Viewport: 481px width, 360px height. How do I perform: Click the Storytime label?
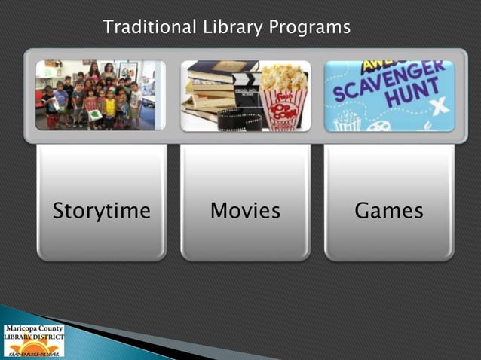pos(101,211)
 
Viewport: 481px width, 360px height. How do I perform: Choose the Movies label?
pos(245,211)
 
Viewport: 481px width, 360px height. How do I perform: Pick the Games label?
pos(389,211)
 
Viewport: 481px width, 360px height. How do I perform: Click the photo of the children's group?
pos(100,96)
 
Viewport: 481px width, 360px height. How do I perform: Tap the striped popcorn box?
pos(283,109)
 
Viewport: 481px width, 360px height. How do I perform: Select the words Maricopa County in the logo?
pos(33,328)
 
